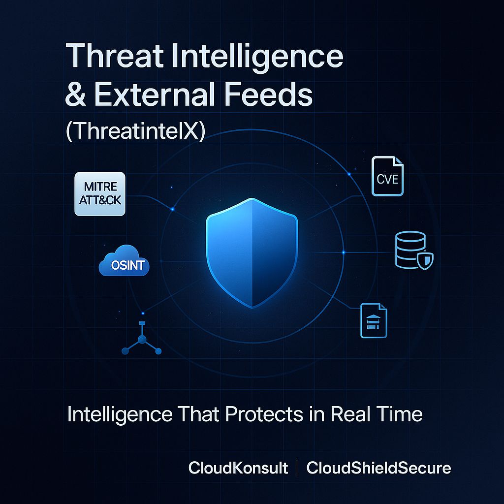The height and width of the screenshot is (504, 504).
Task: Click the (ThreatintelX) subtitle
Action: click(x=135, y=131)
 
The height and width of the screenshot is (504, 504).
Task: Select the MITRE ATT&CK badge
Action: click(x=100, y=193)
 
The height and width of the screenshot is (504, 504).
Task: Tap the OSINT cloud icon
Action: click(x=124, y=263)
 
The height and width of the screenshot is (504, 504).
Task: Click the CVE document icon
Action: click(x=387, y=176)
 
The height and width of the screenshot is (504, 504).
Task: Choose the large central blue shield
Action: click(x=252, y=252)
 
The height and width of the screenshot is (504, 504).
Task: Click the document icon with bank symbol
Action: click(x=374, y=320)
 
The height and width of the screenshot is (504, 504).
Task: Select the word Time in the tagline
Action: click(x=401, y=414)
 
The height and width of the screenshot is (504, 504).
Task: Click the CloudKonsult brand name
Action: click(x=238, y=468)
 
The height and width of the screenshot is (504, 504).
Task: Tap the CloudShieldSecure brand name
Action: click(x=378, y=468)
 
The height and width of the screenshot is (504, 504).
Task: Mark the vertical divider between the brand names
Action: click(x=297, y=468)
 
